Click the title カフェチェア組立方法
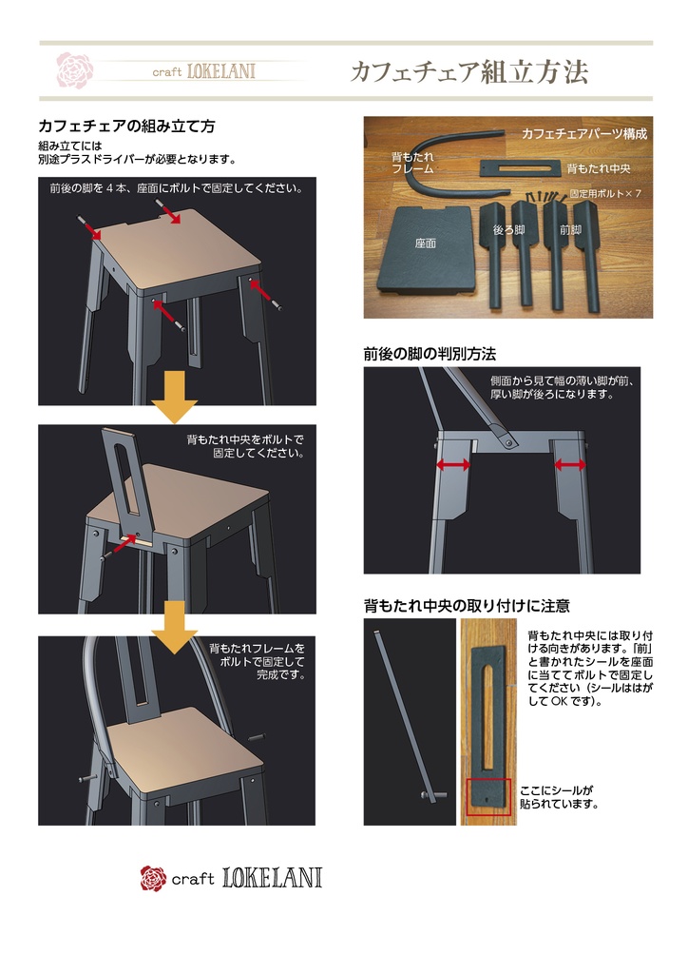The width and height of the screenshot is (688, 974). pyautogui.click(x=468, y=72)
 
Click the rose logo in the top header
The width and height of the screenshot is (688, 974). pyautogui.click(x=74, y=70)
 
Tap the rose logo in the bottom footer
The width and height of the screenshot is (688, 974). pyautogui.click(x=153, y=878)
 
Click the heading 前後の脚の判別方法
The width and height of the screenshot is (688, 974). pyautogui.click(x=430, y=354)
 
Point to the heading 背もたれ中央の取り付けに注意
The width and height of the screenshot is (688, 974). pyautogui.click(x=467, y=606)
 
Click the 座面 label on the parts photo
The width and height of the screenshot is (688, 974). pyautogui.click(x=425, y=243)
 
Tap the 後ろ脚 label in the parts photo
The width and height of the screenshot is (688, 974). pyautogui.click(x=508, y=229)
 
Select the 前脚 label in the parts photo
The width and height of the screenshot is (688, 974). pyautogui.click(x=571, y=229)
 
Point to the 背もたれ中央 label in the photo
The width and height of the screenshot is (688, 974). pyautogui.click(x=599, y=168)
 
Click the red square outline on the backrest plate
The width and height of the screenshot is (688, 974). pyautogui.click(x=488, y=797)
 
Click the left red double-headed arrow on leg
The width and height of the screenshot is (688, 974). pyautogui.click(x=452, y=464)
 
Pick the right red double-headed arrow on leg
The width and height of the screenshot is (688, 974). pyautogui.click(x=570, y=464)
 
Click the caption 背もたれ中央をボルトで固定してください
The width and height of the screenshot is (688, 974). pyautogui.click(x=245, y=447)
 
